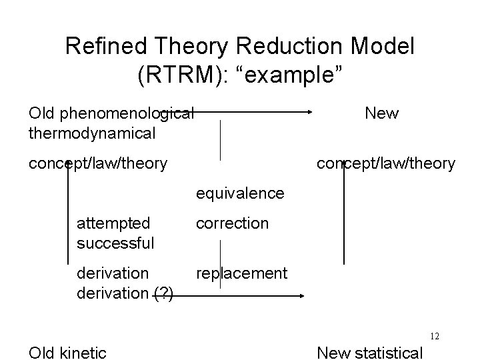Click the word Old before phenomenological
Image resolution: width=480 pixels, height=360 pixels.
click(43, 113)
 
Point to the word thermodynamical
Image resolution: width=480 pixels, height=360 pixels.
click(92, 133)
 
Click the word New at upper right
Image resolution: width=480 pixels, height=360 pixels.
click(381, 113)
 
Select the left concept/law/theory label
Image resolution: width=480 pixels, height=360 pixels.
click(98, 163)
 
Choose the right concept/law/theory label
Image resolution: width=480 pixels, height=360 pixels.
click(385, 163)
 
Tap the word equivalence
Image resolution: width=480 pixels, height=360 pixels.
click(239, 193)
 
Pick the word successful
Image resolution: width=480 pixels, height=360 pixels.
click(115, 243)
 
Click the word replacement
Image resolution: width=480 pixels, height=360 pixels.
click(241, 273)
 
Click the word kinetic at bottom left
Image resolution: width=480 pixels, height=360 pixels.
click(83, 353)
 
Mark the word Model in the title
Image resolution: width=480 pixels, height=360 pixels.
click(382, 46)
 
